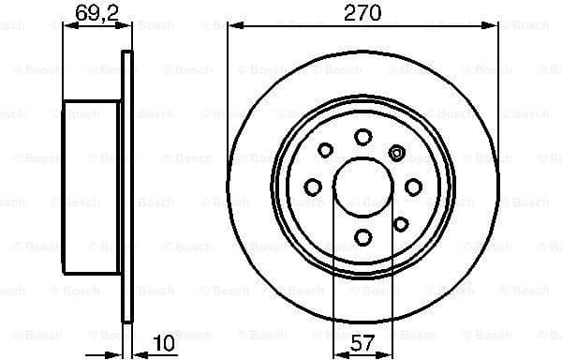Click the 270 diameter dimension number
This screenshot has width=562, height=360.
tap(362, 12)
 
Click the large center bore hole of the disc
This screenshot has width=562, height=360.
tap(362, 187)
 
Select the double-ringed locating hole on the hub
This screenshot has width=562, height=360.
tap(396, 153)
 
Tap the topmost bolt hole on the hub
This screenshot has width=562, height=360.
tap(362, 137)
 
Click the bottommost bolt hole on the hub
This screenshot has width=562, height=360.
tap(362, 238)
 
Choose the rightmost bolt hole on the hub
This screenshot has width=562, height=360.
tap(413, 187)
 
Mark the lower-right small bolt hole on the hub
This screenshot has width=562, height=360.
tap(400, 223)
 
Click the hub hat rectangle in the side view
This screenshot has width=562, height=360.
tap(92, 187)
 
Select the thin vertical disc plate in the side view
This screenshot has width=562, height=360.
tap(127, 187)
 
